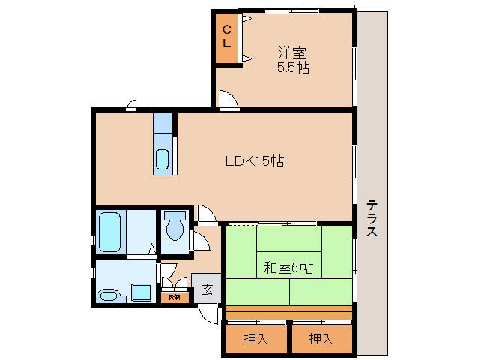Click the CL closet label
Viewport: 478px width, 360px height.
tap(227, 37)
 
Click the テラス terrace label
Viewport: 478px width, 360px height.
tap(372, 218)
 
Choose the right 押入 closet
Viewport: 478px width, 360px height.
tap(321, 338)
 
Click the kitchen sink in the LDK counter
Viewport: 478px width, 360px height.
tap(163, 159)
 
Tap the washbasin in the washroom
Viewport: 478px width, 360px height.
tap(109, 295)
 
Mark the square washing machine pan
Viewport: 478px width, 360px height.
tap(142, 291)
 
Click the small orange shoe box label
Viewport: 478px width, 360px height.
tap(173, 297)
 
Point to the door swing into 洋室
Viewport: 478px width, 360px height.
tap(228, 100)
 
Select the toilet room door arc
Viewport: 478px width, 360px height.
tap(201, 241)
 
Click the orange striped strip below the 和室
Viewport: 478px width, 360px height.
tap(288, 310)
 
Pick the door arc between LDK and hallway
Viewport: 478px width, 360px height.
tap(206, 214)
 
